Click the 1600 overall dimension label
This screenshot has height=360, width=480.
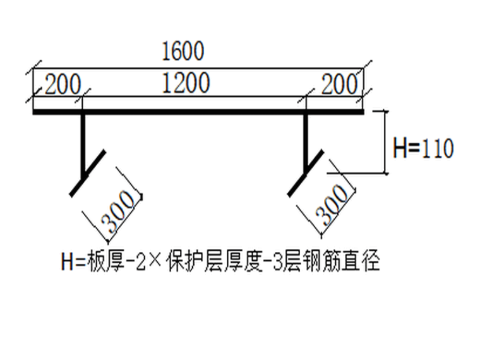(x=183, y=52)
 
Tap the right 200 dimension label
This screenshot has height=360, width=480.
(x=342, y=84)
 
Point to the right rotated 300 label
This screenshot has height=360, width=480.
(x=333, y=205)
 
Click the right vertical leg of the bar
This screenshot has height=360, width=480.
(x=306, y=142)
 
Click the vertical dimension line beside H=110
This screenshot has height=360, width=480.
(x=385, y=142)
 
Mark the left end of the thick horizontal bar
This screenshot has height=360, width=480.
(x=35, y=113)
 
